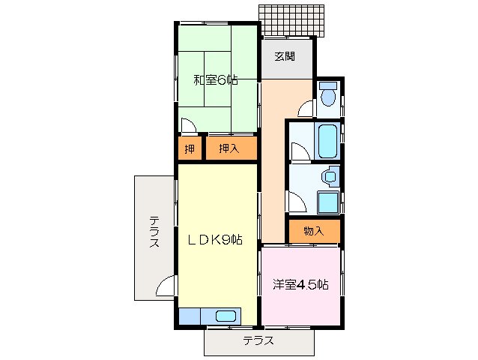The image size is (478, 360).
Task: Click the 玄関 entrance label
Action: pyautogui.click(x=284, y=56)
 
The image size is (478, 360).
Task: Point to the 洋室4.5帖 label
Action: pyautogui.click(x=300, y=284)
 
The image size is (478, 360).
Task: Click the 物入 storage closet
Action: pyautogui.click(x=314, y=231)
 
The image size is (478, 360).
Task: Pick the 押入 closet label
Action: pyautogui.click(x=229, y=148)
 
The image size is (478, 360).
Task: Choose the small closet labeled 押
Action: pyautogui.click(x=190, y=148)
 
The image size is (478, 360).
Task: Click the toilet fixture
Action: pyautogui.click(x=327, y=95)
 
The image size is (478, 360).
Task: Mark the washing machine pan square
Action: pyautogui.click(x=327, y=202)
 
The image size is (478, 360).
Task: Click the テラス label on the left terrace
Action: pyautogui.click(x=154, y=232)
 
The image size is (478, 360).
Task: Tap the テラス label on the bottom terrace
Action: pyautogui.click(x=258, y=341)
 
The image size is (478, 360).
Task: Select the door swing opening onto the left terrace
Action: pyautogui.click(x=166, y=286)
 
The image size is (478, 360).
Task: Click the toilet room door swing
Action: pyautogui.click(x=306, y=109)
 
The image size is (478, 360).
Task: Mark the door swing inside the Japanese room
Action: pyautogui.click(x=187, y=125)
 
